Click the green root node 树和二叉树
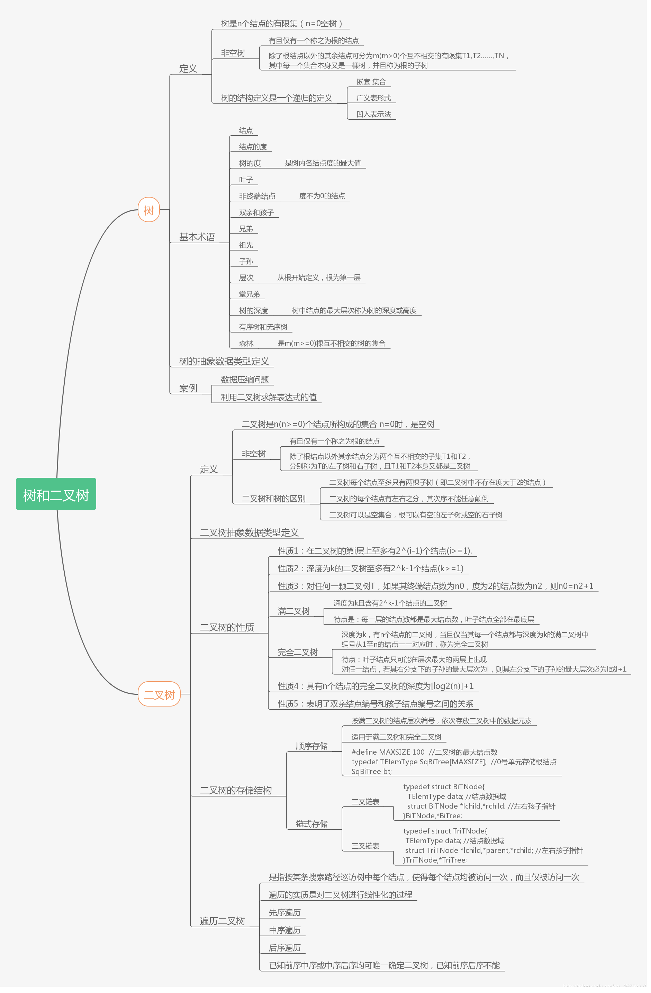coord(56,495)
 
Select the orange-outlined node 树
coord(148,210)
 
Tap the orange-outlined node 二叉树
coord(159,695)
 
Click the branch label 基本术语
coord(197,237)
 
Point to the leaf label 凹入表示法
coord(373,114)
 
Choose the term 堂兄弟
coord(249,294)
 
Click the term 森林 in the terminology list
coord(246,343)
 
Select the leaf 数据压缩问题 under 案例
coord(245,380)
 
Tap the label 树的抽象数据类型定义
coord(224,361)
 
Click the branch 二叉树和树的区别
coord(273,499)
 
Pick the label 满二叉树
coord(294,611)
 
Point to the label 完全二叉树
coord(298,652)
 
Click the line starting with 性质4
coord(375,686)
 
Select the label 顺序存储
coord(311,746)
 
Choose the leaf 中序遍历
coord(284,930)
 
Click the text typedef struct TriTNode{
coord(445,831)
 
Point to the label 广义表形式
coord(373,98)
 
